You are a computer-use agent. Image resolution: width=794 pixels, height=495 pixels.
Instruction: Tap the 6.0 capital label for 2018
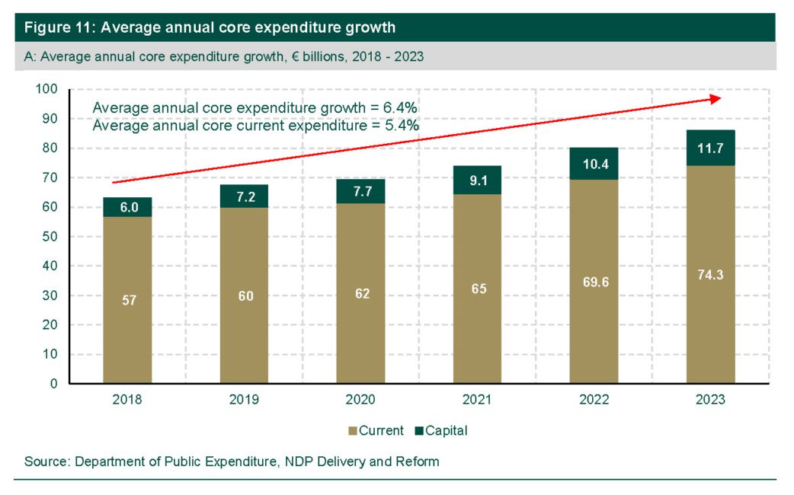click(x=128, y=206)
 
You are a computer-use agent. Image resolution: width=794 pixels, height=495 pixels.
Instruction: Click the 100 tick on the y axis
click(x=47, y=89)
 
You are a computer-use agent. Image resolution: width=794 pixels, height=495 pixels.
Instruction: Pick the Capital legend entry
click(x=441, y=430)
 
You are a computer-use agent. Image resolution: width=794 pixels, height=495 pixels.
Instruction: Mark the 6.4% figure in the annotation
click(x=399, y=107)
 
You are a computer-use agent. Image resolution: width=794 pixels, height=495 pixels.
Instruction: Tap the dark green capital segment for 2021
click(x=477, y=180)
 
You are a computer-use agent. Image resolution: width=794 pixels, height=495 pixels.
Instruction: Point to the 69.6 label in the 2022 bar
click(x=594, y=281)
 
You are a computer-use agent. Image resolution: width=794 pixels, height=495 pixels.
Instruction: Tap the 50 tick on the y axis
click(x=50, y=237)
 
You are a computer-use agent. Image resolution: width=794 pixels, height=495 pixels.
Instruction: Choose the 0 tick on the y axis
click(x=54, y=384)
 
